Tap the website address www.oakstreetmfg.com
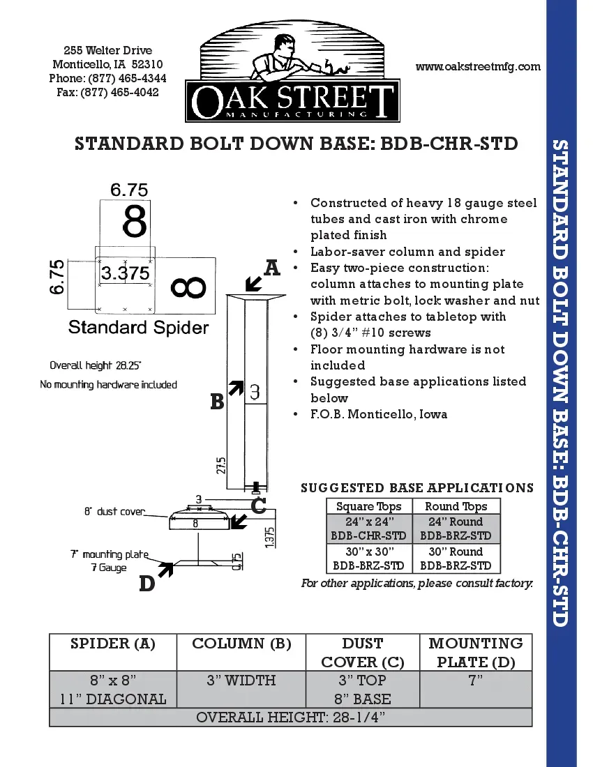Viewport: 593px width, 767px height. [x=478, y=67]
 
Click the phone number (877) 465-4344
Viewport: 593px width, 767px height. [x=107, y=78]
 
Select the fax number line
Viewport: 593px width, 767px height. [x=107, y=92]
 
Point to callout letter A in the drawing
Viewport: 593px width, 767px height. [x=271, y=267]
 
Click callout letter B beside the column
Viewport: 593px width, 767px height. [x=217, y=402]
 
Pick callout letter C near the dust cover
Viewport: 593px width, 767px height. [x=258, y=505]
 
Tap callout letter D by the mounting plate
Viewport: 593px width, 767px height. [x=147, y=584]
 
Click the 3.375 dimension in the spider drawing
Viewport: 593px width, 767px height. [x=125, y=273]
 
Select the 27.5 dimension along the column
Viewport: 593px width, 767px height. [x=221, y=466]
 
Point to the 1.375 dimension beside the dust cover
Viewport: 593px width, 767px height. [x=270, y=536]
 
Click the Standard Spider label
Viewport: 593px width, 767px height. [x=138, y=327]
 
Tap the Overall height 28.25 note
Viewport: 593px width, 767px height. [x=100, y=365]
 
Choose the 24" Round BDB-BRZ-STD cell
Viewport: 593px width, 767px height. [x=456, y=529]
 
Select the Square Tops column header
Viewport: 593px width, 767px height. [x=369, y=507]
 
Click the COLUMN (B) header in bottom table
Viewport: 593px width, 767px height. [x=241, y=644]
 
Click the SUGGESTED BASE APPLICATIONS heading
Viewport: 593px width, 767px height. [x=417, y=488]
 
